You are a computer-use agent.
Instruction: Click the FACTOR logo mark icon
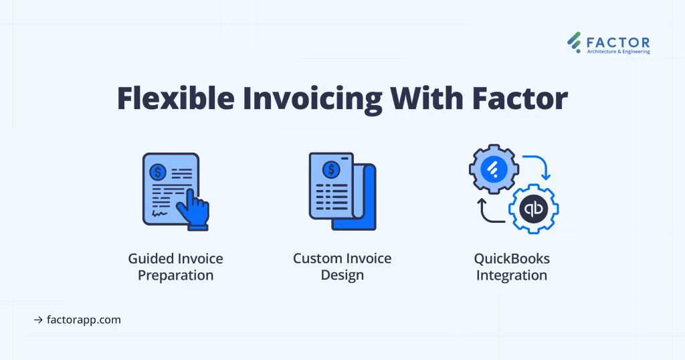[x=574, y=42]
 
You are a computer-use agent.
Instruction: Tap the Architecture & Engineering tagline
[x=618, y=52]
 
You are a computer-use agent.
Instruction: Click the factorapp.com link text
[x=84, y=320]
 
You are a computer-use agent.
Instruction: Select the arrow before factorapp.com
[x=38, y=320]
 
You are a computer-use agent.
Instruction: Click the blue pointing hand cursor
[x=195, y=209]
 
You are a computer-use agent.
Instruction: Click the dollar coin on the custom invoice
[x=331, y=169]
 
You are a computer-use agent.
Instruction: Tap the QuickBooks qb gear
[x=533, y=207]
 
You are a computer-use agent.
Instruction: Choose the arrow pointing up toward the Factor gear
[x=487, y=209]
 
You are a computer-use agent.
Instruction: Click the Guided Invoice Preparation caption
[x=175, y=267]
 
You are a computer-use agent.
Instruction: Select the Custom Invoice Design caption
[x=342, y=267]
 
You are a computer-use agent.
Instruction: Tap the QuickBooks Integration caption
[x=511, y=267]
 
